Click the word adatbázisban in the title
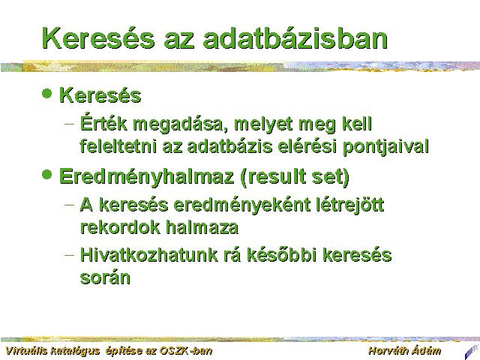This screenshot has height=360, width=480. pos(295,38)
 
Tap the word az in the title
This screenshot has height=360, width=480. pos(178,42)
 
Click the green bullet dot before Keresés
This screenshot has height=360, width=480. pos(46,93)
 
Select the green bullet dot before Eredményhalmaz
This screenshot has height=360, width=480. pos(46,175)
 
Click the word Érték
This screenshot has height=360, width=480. pos(103,123)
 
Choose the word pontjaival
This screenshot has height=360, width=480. pos(385,147)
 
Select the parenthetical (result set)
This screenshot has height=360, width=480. pos(295,177)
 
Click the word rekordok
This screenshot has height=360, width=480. pos(120,226)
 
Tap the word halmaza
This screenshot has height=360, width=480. pos(202,226)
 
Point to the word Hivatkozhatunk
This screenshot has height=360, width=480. pos(148,255)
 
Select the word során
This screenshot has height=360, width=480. pos(105,277)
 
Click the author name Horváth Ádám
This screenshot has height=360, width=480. pos(405,350)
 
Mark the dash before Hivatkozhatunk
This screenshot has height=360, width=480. pos(70,254)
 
